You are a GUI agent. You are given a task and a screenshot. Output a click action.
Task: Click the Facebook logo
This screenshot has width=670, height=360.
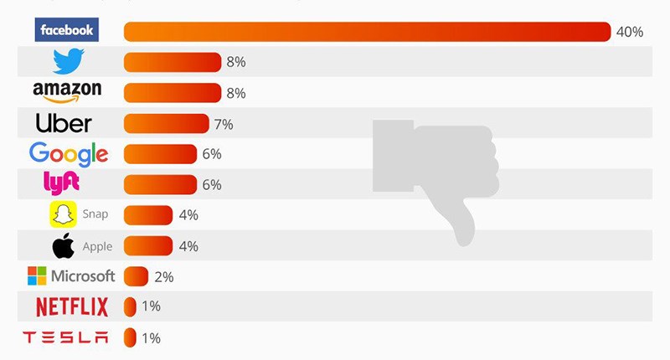(67, 31)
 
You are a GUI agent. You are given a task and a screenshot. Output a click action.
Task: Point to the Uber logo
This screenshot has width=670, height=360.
(64, 124)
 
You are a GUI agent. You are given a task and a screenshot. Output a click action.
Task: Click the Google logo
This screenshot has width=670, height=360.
(69, 154)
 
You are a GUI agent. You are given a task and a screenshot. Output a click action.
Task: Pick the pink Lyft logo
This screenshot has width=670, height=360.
(61, 184)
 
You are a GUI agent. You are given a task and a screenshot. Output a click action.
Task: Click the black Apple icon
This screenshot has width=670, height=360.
(63, 245)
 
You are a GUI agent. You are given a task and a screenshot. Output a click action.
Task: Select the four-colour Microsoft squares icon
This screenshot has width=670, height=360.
(37, 275)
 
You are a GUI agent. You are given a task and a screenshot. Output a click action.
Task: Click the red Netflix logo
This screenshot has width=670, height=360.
(72, 307)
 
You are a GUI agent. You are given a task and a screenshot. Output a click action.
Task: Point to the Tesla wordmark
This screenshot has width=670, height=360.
(66, 337)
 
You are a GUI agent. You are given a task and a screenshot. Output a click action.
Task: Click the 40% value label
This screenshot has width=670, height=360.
(629, 32)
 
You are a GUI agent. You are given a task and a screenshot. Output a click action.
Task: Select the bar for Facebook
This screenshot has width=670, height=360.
(367, 32)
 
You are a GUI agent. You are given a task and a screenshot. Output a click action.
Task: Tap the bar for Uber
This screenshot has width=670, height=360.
(166, 124)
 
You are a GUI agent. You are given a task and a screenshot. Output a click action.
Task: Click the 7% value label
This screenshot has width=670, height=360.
(223, 124)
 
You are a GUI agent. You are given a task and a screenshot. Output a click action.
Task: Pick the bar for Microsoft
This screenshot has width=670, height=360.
(136, 276)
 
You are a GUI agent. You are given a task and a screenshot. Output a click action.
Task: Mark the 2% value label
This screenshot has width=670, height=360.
(163, 276)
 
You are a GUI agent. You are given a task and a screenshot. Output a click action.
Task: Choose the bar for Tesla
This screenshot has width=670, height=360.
(130, 337)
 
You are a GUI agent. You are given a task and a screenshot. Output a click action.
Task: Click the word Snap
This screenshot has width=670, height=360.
(95, 214)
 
